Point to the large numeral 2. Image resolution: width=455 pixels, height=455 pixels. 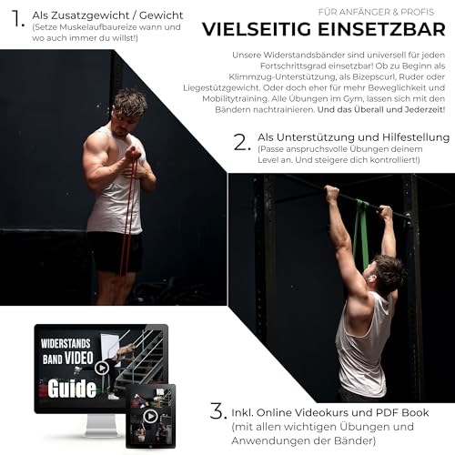pos(241,142)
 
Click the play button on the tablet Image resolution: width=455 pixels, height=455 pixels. pos(150,416)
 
